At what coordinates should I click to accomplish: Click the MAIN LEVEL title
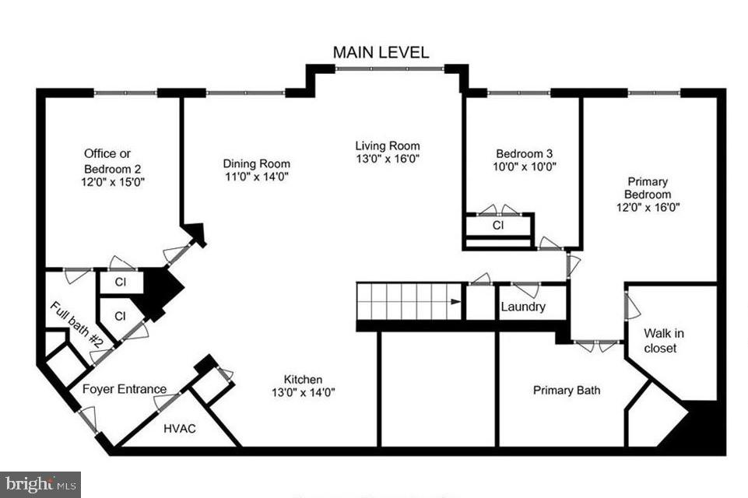tap(381, 52)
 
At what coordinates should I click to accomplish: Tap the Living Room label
tap(387, 146)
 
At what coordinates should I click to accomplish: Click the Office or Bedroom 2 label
tap(112, 160)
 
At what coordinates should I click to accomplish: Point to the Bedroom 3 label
tap(525, 153)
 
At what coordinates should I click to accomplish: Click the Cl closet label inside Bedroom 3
tap(497, 225)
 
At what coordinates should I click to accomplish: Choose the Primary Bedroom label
tap(646, 188)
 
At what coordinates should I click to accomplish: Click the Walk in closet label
tap(659, 341)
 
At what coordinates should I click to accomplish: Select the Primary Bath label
tap(566, 390)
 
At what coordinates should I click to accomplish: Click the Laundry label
tap(522, 307)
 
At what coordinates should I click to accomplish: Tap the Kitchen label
tap(303, 379)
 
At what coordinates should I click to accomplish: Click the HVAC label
tap(179, 428)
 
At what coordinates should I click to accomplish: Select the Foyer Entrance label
tap(125, 389)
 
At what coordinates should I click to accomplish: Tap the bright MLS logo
tap(40, 484)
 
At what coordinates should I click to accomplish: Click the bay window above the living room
tap(389, 69)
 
